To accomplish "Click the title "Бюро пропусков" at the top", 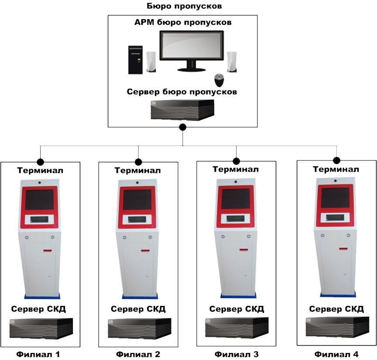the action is [184, 6].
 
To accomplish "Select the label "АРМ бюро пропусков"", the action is [183, 22].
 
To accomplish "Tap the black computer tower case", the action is [135, 60].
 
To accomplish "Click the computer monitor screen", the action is [192, 45].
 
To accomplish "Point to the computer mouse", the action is [219, 80].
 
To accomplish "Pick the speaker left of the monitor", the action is [151, 62].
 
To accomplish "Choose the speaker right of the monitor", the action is [232, 62].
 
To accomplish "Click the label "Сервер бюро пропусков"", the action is [182, 92].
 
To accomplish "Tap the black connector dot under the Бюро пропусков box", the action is [183, 127].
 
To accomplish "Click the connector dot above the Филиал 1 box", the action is [41, 162].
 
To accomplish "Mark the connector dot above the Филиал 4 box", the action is [336, 160].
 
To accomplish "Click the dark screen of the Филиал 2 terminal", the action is [137, 200].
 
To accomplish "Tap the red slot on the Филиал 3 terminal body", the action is [243, 250].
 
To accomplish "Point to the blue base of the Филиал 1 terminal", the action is [42, 296].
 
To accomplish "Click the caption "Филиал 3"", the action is [236, 354].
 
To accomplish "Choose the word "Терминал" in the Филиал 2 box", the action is [138, 170].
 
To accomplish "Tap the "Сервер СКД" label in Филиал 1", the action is [38, 309].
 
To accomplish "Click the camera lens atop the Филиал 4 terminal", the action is [336, 181].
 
